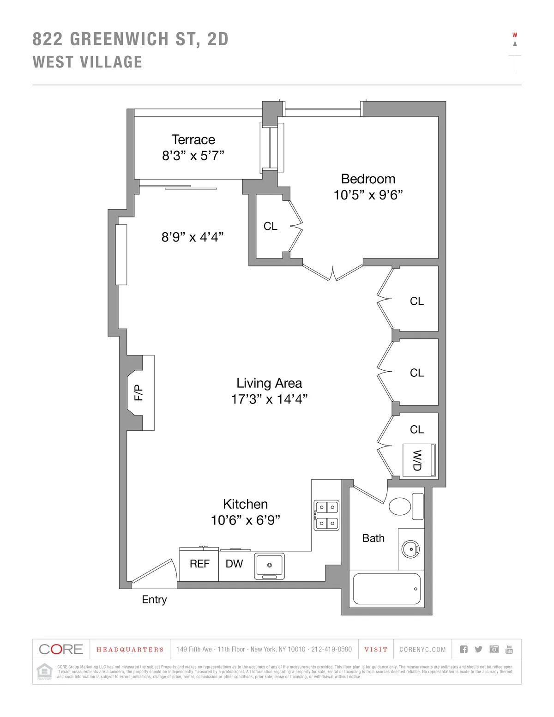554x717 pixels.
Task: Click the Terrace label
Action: pos(193,139)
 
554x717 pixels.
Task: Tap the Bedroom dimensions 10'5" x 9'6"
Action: pos(368,195)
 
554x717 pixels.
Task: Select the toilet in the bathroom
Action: pos(399,506)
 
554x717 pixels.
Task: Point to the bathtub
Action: pos(386,589)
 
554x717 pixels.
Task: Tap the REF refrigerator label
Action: pos(199,564)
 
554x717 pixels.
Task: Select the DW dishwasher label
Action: pos(234,564)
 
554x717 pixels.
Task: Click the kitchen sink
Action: pos(269,566)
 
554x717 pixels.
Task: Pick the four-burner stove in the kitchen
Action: pos(326,515)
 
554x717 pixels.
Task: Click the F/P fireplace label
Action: pos(138,392)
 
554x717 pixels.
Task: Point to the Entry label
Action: pos(154,599)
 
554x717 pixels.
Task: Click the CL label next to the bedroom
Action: pos(271,226)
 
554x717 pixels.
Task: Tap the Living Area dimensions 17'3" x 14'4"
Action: pos(269,399)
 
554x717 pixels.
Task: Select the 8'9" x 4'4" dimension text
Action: pos(193,237)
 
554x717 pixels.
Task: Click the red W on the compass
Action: pos(515,35)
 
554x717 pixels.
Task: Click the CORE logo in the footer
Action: pos(61,649)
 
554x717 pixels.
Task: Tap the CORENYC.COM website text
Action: pos(422,650)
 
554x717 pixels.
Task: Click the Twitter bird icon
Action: pos(479,649)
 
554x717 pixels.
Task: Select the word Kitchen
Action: pos(245,504)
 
